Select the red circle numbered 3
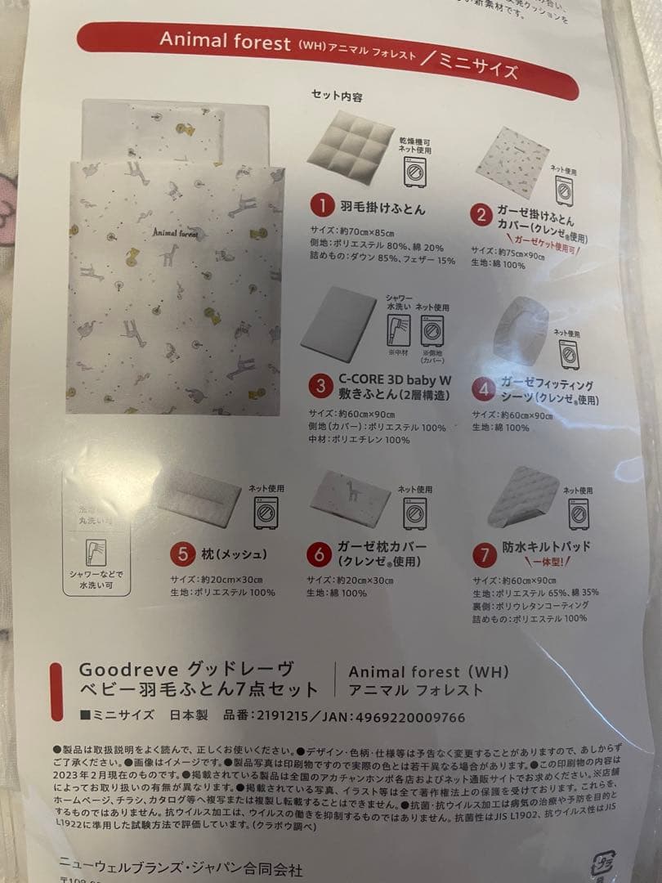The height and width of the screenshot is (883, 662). [323, 383]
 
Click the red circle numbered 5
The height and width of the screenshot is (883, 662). [179, 553]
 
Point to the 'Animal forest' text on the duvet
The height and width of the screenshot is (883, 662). [181, 232]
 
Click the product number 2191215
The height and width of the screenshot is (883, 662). [281, 716]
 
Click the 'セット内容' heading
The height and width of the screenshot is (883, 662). [338, 95]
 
